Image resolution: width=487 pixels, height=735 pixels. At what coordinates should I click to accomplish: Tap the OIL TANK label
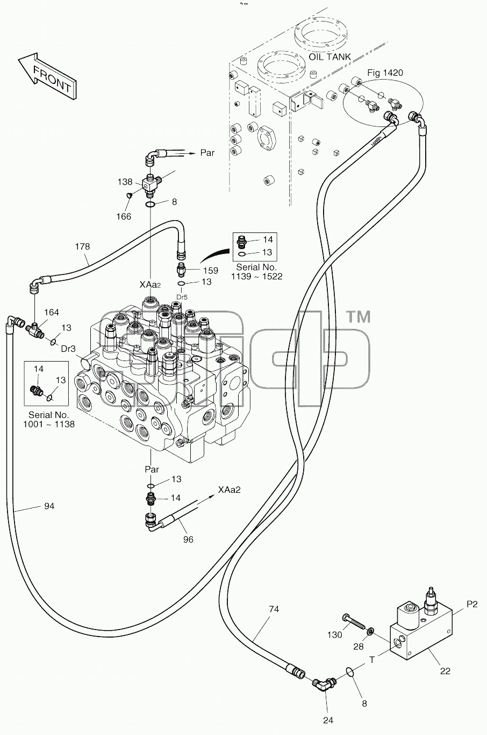[x=330, y=56]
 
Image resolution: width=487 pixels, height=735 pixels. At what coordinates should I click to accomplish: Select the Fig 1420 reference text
[x=385, y=73]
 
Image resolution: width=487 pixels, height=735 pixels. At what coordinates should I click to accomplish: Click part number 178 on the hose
[x=82, y=246]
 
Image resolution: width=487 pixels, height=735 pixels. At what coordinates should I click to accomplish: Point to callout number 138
[x=125, y=182]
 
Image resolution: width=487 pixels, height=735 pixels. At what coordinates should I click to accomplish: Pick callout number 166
[x=124, y=216]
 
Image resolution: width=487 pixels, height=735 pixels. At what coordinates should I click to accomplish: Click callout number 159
[x=210, y=270]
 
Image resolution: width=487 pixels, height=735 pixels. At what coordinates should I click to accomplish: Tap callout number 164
[x=52, y=312]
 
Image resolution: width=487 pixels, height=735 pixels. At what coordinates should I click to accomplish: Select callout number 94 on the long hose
[x=49, y=506]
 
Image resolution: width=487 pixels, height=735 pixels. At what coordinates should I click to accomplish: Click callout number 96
[x=188, y=539]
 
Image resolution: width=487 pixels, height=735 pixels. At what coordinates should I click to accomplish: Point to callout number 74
[x=274, y=609]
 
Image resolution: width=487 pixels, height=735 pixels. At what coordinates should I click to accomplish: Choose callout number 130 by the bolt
[x=334, y=635]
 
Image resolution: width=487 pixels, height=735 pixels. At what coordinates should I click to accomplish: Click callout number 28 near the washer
[x=358, y=647]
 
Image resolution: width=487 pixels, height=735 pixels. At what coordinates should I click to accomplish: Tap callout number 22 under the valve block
[x=445, y=672]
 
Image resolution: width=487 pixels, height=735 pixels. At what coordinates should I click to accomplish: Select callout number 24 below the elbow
[x=328, y=720]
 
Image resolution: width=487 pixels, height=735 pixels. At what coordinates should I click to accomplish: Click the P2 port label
[x=472, y=604]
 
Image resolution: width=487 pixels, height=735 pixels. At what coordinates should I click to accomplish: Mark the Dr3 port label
[x=68, y=349]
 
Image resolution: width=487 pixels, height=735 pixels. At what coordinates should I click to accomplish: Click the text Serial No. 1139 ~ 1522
[x=256, y=272]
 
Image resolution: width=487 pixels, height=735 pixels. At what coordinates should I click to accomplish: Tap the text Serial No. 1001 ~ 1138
[x=49, y=419]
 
